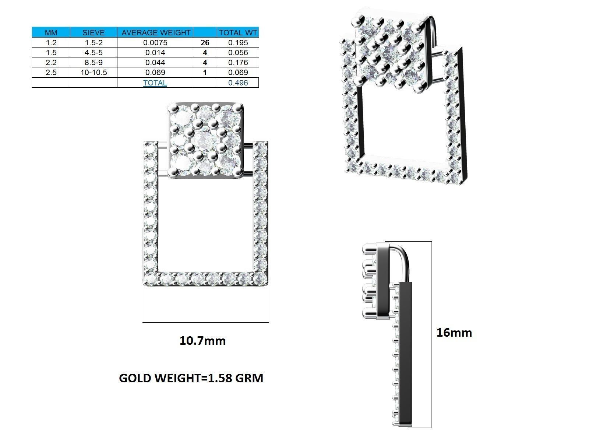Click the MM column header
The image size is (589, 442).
(x=51, y=32)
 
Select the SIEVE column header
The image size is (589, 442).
(x=94, y=32)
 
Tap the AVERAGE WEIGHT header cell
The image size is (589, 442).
(x=155, y=32)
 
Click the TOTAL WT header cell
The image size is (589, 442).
(x=238, y=32)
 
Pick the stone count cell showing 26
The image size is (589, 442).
(x=205, y=43)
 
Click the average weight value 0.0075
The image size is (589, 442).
(x=155, y=43)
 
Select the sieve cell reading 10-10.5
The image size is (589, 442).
(x=94, y=73)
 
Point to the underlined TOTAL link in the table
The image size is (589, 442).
(x=155, y=83)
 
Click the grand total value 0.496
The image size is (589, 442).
(x=238, y=83)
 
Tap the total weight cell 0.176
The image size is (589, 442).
(x=238, y=63)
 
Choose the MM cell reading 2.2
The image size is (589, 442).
(x=51, y=63)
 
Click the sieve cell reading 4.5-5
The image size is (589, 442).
(x=94, y=53)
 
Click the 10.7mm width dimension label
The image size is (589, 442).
(x=202, y=341)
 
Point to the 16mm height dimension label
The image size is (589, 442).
(x=454, y=333)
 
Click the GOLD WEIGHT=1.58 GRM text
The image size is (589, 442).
(x=191, y=378)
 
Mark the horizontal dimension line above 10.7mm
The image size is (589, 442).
(x=206, y=323)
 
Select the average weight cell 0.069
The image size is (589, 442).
(x=155, y=73)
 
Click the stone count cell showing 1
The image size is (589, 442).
(x=205, y=73)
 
